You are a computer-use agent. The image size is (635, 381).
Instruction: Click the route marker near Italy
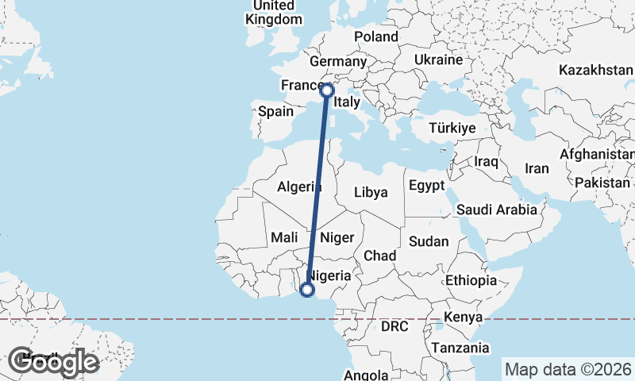326,90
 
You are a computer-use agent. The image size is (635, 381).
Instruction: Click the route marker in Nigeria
306,290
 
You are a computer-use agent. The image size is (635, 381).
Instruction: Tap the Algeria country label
299,187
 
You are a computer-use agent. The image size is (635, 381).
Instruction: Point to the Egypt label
427,186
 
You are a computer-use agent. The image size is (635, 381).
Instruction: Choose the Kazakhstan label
595,71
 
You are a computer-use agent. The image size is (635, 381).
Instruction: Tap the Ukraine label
438,60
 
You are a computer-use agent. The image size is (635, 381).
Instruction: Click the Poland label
376,37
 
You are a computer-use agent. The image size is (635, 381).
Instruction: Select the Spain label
275,112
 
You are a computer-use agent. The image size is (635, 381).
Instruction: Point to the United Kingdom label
275,12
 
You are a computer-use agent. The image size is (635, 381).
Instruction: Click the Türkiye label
452,128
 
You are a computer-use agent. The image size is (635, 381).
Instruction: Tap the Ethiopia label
471,280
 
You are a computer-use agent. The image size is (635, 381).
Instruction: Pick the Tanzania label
460,348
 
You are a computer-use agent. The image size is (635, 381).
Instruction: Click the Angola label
367,375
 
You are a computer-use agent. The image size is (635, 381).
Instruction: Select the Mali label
284,237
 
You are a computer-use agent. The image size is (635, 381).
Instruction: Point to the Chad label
379,256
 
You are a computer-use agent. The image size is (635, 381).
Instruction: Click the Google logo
54,362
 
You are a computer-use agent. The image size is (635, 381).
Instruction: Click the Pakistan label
602,183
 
